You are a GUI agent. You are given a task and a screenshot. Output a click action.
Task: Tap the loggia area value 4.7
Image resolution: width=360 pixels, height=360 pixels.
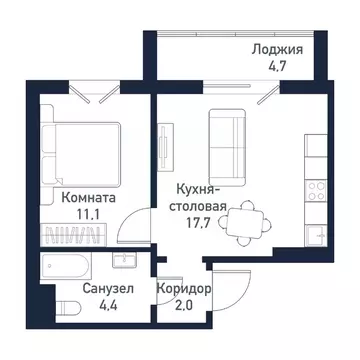pos(281,69)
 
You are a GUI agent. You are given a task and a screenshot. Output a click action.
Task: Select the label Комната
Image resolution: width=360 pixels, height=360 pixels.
pos(86,198)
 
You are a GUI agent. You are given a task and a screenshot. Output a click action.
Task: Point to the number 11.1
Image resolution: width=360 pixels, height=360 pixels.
pos(86,215)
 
